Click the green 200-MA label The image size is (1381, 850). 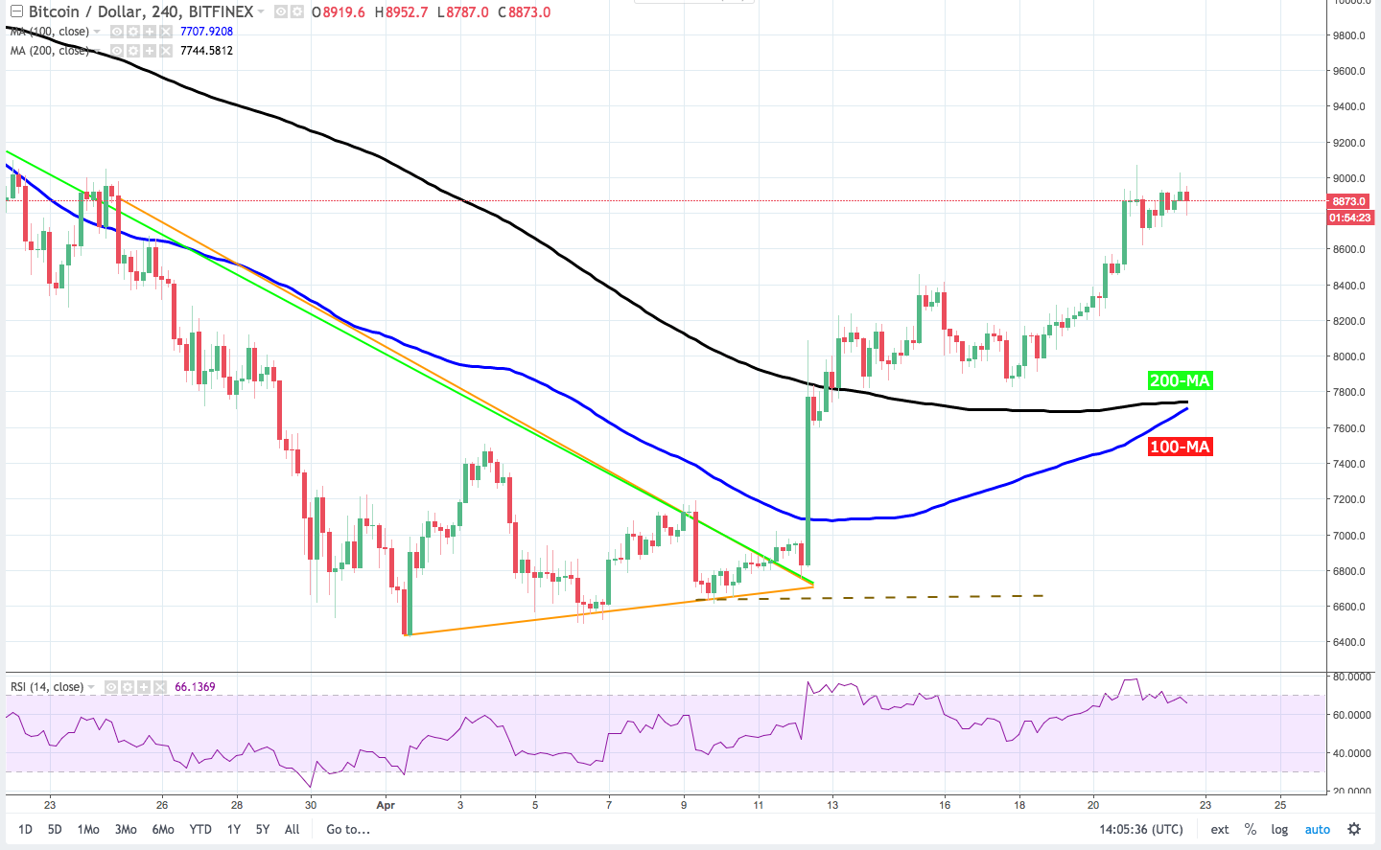[1180, 380]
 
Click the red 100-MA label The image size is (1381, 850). [1180, 447]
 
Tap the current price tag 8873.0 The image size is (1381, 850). [1349, 201]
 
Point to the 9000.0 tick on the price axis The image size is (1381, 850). [1348, 178]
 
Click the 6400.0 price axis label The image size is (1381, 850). [1348, 642]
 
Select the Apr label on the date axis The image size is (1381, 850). [386, 805]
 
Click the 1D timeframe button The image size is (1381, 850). [25, 829]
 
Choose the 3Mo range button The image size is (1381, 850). [126, 829]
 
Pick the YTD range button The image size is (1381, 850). [200, 829]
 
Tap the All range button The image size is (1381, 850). [293, 829]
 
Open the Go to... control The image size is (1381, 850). [348, 829]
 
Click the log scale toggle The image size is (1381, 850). [1279, 829]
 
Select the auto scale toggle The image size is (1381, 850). [1318, 829]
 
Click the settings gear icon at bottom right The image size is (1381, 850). [1354, 829]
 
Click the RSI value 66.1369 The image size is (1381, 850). [195, 687]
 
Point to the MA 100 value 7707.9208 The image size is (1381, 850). [206, 32]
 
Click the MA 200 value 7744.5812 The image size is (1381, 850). [206, 51]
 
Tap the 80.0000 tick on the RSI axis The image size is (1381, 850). [1351, 677]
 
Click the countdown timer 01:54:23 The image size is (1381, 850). [1349, 218]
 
